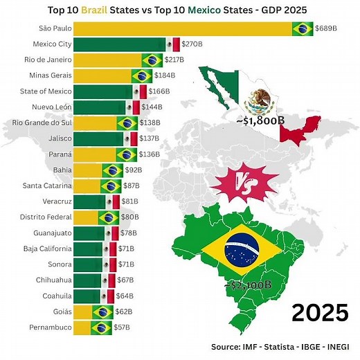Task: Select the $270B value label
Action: pyautogui.click(x=192, y=44)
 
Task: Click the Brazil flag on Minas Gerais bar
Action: pyautogui.click(x=142, y=76)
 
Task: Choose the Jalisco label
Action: pyautogui.click(x=57, y=138)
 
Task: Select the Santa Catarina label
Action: pyautogui.click(x=47, y=186)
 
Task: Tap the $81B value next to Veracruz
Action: pyautogui.click(x=131, y=201)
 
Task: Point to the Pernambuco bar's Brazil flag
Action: pyautogui.click(x=102, y=327)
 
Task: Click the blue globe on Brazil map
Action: pyautogui.click(x=244, y=249)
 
